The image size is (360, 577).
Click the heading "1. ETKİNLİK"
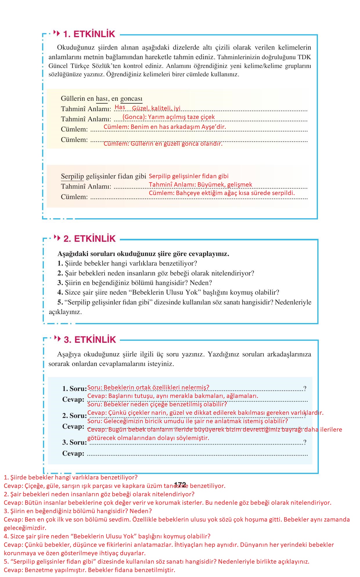(x=89, y=34)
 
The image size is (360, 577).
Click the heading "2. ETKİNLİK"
(x=89, y=239)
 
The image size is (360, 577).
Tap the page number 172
(x=180, y=485)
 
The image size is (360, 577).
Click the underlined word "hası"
(x=102, y=99)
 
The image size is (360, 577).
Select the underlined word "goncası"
(x=131, y=99)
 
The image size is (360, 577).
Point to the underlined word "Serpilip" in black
(x=72, y=176)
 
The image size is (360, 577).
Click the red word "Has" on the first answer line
(x=120, y=107)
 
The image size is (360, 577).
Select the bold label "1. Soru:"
(x=74, y=389)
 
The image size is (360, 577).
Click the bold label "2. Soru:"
(x=74, y=416)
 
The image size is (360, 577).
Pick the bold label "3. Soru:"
(x=74, y=442)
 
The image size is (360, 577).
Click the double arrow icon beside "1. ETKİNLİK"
(x=57, y=33)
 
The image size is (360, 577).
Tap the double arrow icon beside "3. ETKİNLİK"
(x=57, y=339)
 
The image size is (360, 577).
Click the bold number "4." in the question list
(x=60, y=293)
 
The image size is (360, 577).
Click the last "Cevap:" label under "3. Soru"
(x=73, y=453)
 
